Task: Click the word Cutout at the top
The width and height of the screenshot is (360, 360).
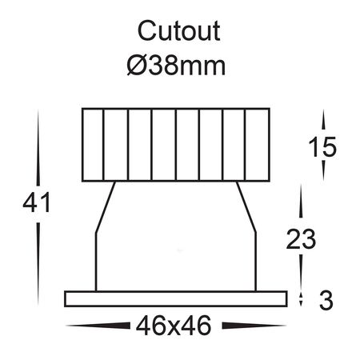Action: (x=178, y=31)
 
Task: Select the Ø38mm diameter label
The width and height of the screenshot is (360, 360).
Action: (x=176, y=66)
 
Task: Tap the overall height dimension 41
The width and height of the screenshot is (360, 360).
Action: (x=37, y=202)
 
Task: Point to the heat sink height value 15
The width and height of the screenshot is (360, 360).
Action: (x=322, y=147)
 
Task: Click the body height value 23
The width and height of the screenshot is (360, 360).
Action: (x=301, y=239)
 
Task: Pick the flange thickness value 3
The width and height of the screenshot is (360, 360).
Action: (x=326, y=300)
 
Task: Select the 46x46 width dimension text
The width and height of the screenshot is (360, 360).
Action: (x=174, y=326)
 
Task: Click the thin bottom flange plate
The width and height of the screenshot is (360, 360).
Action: (x=176, y=299)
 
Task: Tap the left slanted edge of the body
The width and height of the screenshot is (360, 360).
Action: (x=106, y=207)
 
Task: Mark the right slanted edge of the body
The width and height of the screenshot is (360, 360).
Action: (x=246, y=207)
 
